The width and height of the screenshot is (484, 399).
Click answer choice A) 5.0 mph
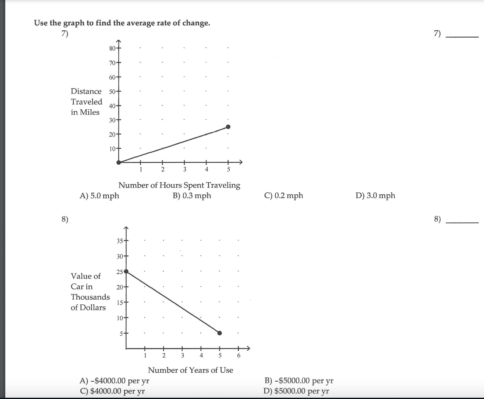click(x=99, y=196)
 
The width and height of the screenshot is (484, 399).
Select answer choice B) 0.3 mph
click(x=192, y=196)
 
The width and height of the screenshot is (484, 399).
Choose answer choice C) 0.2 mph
click(x=284, y=196)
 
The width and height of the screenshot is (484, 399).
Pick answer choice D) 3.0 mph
click(x=375, y=196)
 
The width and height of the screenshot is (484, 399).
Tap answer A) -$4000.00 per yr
click(x=115, y=380)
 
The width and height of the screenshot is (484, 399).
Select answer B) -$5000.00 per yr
click(x=299, y=380)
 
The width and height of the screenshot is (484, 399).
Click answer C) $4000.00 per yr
click(x=112, y=391)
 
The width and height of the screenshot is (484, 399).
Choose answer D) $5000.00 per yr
click(x=296, y=391)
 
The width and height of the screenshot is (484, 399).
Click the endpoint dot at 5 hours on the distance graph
click(x=228, y=127)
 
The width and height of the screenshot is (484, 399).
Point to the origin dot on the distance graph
click(x=119, y=162)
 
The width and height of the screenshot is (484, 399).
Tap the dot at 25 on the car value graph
click(x=126, y=271)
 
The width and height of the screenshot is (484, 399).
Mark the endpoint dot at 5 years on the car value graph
click(x=219, y=333)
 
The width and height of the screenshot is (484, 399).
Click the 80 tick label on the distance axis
click(x=112, y=48)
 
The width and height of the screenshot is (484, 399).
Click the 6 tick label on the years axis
click(x=239, y=355)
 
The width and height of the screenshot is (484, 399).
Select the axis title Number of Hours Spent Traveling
click(x=179, y=185)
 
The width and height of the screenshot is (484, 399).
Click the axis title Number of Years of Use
click(x=190, y=370)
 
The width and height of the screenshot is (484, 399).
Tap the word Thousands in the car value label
click(x=90, y=297)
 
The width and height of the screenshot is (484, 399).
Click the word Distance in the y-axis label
click(x=86, y=91)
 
